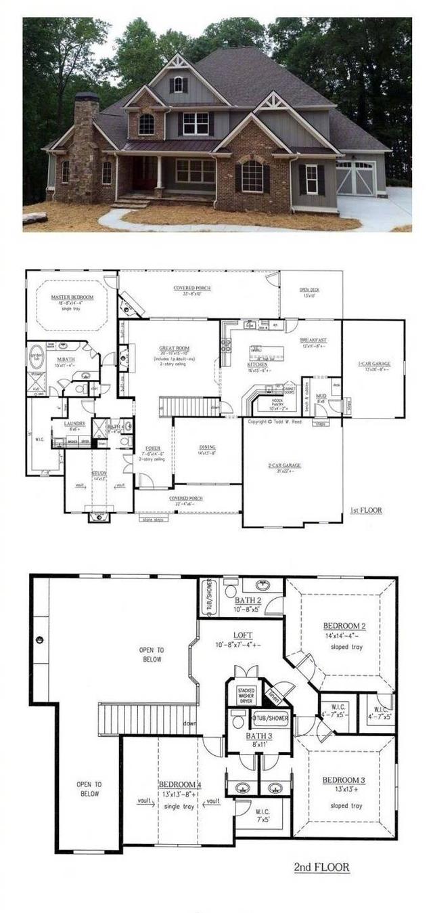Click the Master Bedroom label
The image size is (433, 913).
(72, 297)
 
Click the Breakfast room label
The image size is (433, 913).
(313, 339)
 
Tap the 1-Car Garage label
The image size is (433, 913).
(373, 364)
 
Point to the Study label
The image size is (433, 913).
(99, 473)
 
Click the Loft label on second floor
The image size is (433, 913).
(243, 635)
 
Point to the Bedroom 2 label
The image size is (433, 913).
(344, 625)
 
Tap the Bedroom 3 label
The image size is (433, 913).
(343, 780)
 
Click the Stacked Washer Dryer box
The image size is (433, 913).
(246, 694)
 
